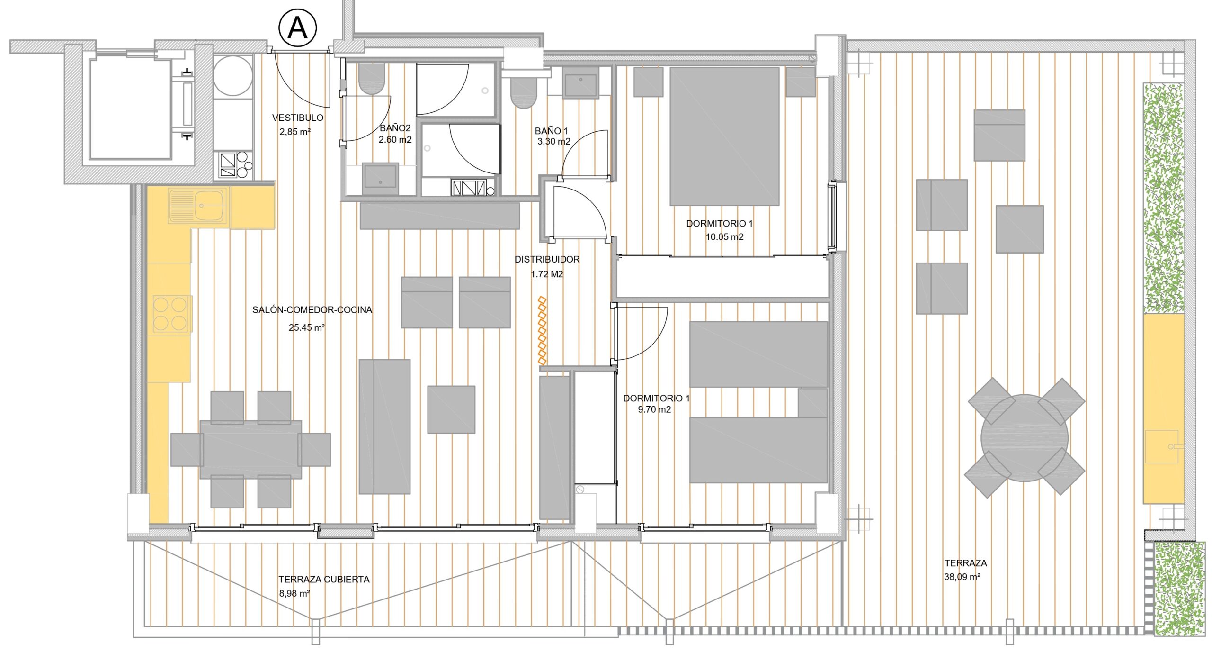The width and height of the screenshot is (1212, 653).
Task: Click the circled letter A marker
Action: tap(297, 28)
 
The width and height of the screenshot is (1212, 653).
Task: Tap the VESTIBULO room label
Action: tap(298, 118)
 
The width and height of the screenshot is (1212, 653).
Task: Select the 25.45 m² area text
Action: tap(307, 327)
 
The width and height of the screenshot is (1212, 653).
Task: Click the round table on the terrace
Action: tap(1025, 438)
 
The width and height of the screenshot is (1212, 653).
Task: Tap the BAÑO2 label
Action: tap(395, 128)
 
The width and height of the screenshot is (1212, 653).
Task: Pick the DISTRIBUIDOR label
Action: tap(547, 260)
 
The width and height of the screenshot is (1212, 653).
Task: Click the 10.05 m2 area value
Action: tap(724, 237)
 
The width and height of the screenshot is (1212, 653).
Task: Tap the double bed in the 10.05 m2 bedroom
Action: tap(724, 136)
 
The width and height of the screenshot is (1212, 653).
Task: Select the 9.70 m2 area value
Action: tap(654, 409)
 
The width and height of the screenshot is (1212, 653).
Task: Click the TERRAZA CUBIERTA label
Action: tap(324, 579)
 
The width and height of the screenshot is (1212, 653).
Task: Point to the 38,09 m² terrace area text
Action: tap(962, 577)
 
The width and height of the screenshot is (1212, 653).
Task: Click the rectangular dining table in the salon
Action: tap(250, 449)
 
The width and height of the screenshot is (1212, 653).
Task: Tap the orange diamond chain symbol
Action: tap(543, 330)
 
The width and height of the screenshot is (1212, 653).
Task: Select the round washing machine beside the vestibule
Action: tap(232, 76)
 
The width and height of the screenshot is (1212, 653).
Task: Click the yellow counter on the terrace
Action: tap(1164, 408)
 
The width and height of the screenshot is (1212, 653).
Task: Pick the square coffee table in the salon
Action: tap(451, 409)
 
